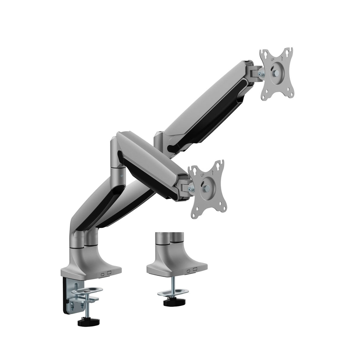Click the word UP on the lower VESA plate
pos(203,175)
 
